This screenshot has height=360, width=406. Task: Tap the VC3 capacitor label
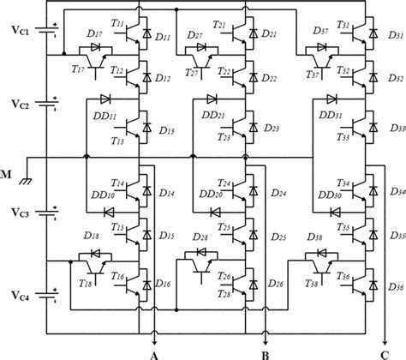pyautogui.click(x=19, y=211)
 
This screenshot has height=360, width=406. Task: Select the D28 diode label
pyautogui.click(x=200, y=237)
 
